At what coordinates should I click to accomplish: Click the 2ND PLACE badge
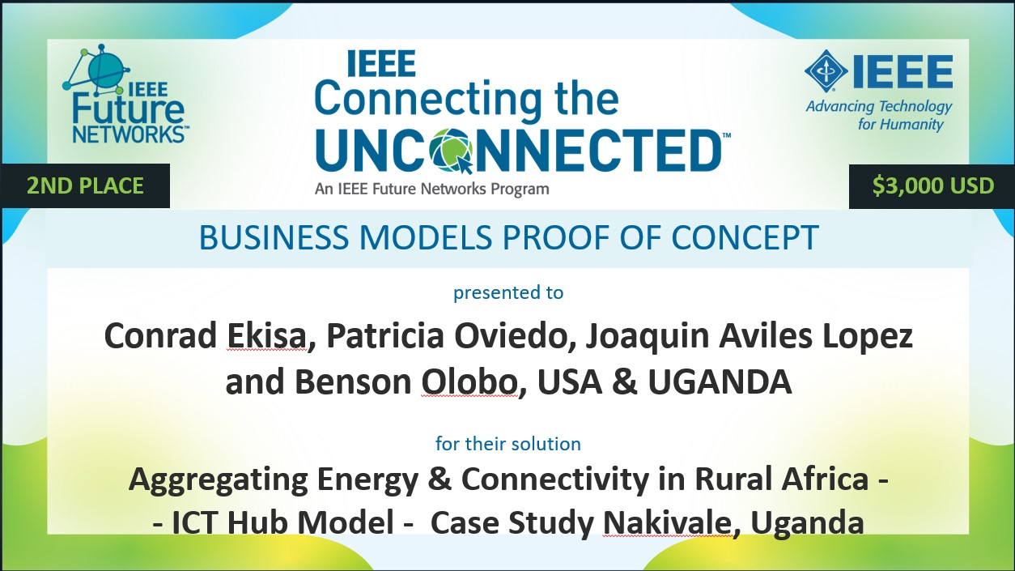pos(85,186)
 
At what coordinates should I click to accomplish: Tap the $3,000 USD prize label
pos(932,186)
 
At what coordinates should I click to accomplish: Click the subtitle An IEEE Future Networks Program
pos(431,190)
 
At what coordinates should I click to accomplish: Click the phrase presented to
pos(508,292)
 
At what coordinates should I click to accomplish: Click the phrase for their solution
pos(508,444)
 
